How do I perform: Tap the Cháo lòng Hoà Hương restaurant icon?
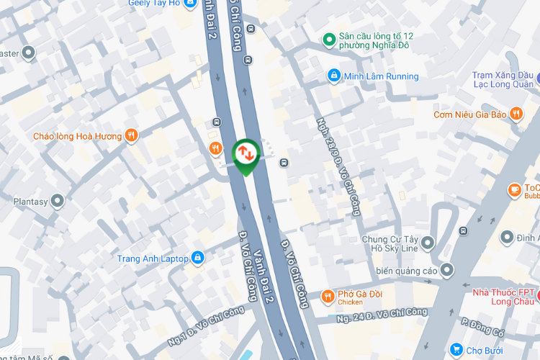pyautogui.click(x=130, y=135)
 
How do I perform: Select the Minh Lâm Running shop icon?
pyautogui.click(x=333, y=76)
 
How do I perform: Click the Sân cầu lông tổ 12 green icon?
pyautogui.click(x=328, y=39)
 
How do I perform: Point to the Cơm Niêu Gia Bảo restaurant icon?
pyautogui.click(x=516, y=114)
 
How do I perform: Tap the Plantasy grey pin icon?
pyautogui.click(x=58, y=201)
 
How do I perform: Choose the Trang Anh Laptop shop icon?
pyautogui.click(x=197, y=258)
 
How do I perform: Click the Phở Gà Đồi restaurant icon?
pyautogui.click(x=328, y=296)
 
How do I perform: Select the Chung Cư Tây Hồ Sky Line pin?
pyautogui.click(x=428, y=243)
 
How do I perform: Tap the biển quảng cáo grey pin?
pyautogui.click(x=447, y=270)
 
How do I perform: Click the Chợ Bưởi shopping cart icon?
pyautogui.click(x=456, y=350)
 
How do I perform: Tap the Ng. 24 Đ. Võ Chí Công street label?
pyautogui.click(x=381, y=314)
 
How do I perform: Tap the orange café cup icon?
pyautogui.click(x=514, y=189)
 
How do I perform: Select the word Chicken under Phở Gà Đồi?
pyautogui.click(x=351, y=302)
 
